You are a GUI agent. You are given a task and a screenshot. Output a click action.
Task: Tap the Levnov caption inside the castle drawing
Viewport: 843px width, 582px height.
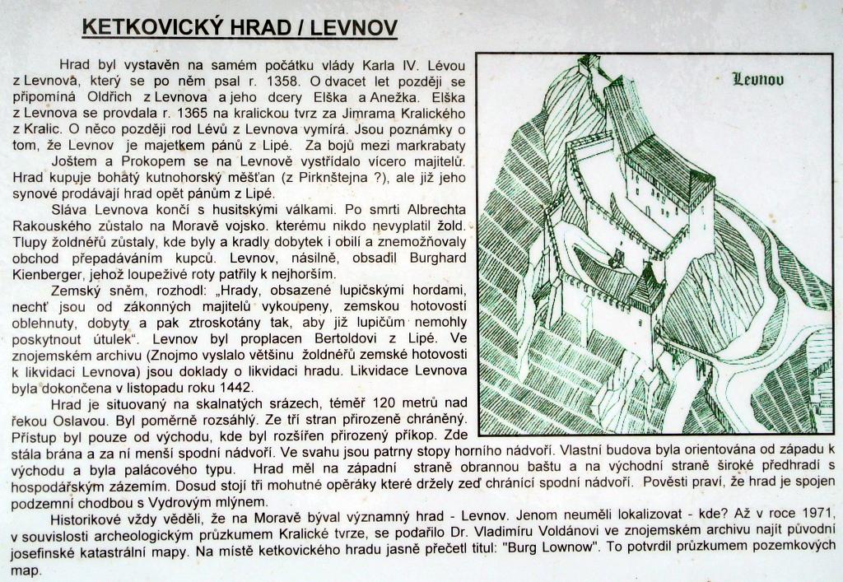(757, 80)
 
